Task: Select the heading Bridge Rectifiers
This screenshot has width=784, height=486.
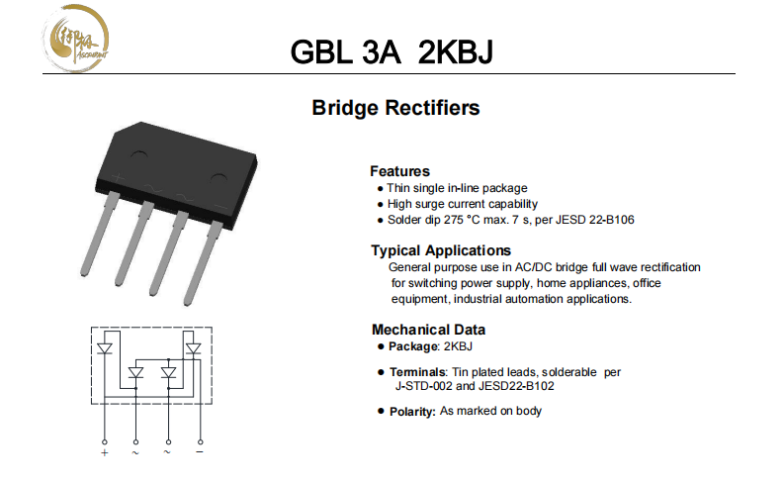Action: tap(395, 108)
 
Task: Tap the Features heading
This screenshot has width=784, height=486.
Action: tap(399, 170)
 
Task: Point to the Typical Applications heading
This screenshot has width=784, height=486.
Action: tap(441, 250)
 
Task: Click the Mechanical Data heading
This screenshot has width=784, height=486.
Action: tap(428, 330)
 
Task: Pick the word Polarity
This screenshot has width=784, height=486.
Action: tap(412, 411)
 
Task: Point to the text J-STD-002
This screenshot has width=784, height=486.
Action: tap(424, 386)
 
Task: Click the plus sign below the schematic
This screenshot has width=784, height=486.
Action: tap(104, 452)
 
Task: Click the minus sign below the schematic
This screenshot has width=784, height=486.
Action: tap(200, 452)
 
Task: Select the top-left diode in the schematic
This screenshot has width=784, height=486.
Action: tap(104, 348)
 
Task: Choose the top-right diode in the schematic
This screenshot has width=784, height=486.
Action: tap(193, 348)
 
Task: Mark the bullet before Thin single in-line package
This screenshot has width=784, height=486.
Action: tap(381, 188)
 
